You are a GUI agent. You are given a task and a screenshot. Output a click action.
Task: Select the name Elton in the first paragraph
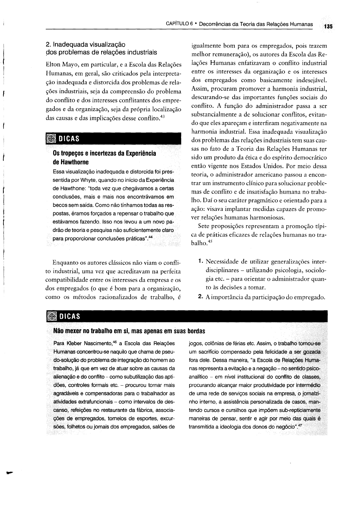click(53, 64)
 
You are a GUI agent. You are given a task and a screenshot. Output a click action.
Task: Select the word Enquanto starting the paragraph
click(64, 263)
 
